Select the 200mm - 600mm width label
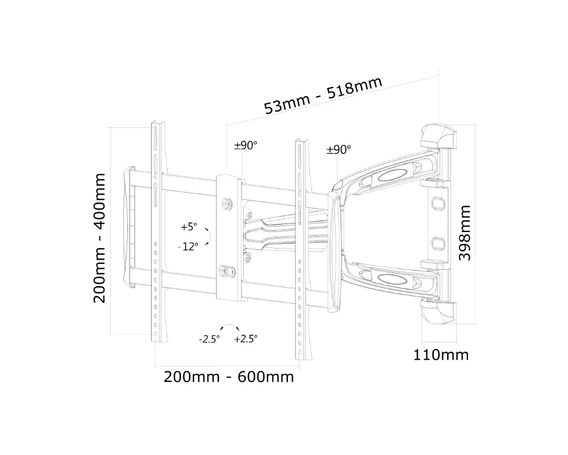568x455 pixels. [229, 377]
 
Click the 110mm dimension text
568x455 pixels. [441, 355]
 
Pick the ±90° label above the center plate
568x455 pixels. [245, 146]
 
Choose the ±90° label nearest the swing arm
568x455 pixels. [339, 150]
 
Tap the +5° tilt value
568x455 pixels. [189, 227]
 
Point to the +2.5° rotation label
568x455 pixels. [245, 339]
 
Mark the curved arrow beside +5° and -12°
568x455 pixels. [208, 236]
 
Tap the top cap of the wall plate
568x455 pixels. [438, 135]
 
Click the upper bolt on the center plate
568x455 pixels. [228, 203]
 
